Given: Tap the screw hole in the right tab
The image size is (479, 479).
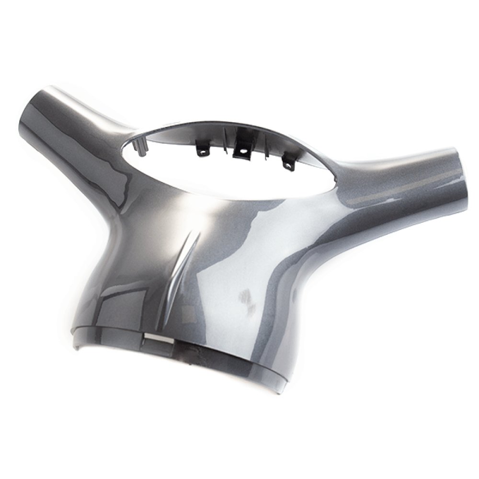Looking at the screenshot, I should [x=288, y=165].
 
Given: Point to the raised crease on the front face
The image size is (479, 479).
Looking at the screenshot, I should [x=189, y=259].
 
